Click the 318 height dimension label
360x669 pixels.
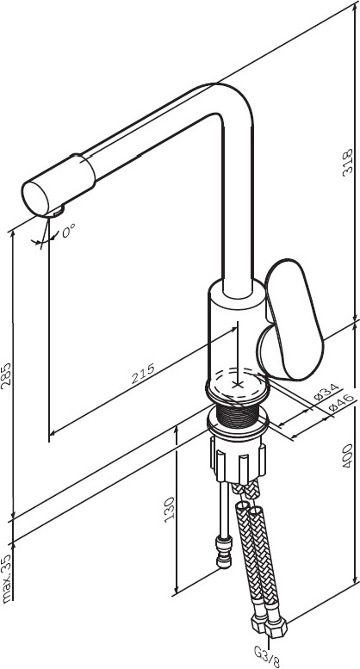coord(348,161)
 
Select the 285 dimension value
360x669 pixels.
coord(6,375)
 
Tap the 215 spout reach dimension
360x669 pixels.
coord(142,374)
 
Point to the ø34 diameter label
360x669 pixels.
coord(326,392)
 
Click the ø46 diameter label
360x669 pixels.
coord(342,403)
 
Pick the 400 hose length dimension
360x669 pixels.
coord(348,455)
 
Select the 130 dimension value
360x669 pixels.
coord(169,509)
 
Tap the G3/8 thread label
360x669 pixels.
coord(267,657)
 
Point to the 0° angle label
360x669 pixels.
coord(68,231)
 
